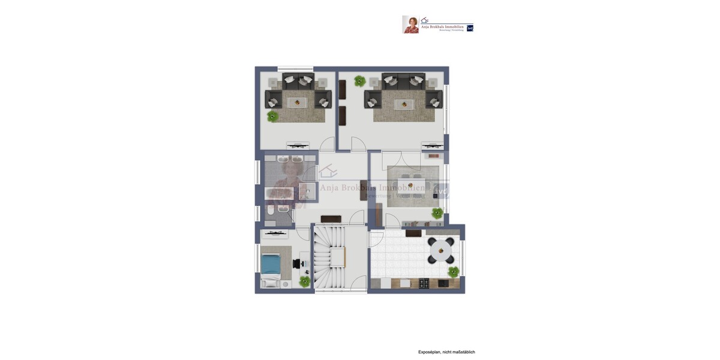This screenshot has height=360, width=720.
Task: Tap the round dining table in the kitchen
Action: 441,250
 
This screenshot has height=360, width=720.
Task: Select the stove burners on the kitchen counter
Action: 424,283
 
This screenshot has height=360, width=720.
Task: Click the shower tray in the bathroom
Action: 307,191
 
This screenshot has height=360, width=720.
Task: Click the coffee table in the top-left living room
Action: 297,103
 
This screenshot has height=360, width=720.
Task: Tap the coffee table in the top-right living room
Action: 404,104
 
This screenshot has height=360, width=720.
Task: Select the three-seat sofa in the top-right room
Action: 404,80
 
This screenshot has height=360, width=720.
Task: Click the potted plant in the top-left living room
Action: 273,116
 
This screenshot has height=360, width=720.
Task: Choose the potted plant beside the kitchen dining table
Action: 453,272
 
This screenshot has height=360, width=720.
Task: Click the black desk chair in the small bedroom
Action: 297,263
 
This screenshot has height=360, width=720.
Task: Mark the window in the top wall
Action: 295,69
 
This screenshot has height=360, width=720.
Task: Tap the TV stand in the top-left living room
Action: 298,145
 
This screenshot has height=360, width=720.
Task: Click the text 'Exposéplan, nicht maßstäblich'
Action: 446,352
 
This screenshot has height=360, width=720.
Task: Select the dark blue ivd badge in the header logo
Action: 470,28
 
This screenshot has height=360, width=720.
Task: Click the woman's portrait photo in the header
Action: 410,25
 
